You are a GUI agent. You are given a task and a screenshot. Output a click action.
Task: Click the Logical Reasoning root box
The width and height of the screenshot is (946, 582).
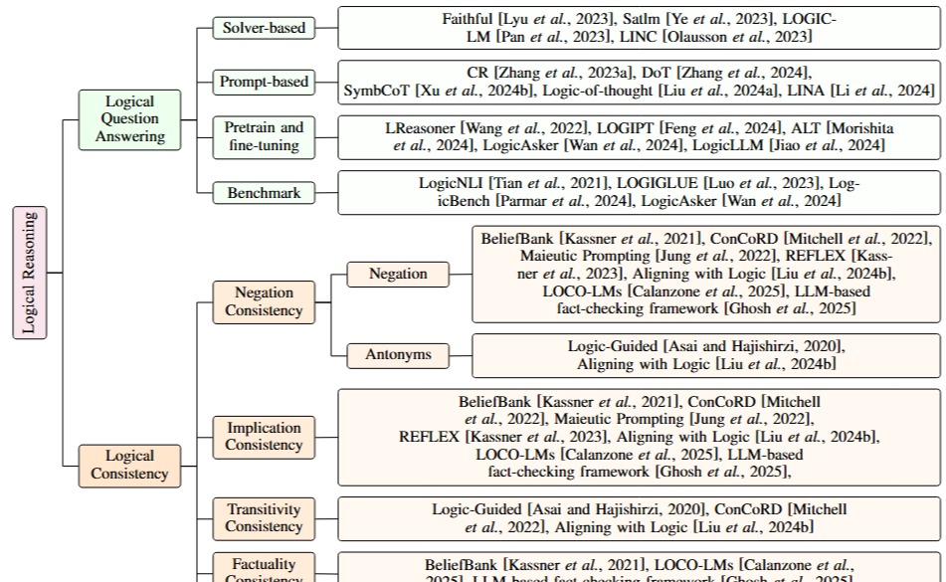tap(30, 272)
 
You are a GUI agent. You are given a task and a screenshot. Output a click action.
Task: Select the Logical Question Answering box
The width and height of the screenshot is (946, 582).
tap(130, 119)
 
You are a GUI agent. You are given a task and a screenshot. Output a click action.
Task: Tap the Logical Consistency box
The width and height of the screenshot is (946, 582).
tap(130, 465)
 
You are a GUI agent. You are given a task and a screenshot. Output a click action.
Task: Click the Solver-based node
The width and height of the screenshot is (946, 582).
tap(263, 28)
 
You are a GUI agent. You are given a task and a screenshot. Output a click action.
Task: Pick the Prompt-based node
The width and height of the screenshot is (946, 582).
tap(263, 82)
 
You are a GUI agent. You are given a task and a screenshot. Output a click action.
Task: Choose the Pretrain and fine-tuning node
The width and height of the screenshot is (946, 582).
tap(263, 137)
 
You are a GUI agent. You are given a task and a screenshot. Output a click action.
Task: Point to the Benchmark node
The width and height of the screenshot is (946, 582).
tap(263, 193)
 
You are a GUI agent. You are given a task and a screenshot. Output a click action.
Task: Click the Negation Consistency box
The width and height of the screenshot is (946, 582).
tap(263, 301)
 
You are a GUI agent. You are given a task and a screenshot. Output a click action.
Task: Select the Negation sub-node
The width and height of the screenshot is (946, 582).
tap(397, 274)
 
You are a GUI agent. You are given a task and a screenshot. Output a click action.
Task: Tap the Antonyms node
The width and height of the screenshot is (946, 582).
tap(397, 355)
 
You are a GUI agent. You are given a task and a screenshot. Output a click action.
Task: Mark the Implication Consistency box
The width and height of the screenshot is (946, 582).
tap(263, 437)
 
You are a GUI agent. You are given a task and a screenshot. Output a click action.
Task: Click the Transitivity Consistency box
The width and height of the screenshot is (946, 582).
tap(263, 517)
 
